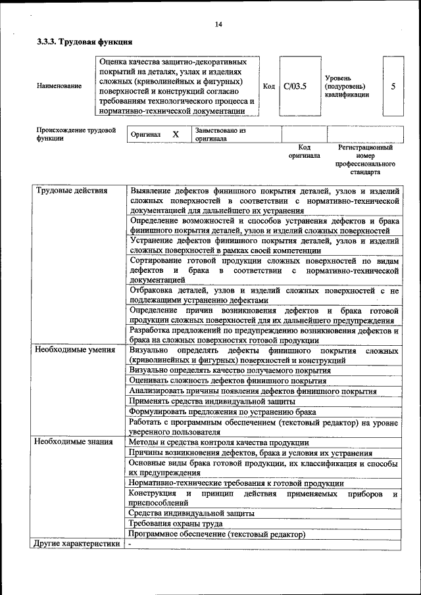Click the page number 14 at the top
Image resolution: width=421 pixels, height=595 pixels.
(x=218, y=24)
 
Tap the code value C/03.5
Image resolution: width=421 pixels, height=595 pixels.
(x=295, y=86)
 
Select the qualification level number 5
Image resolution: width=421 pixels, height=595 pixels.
(x=393, y=86)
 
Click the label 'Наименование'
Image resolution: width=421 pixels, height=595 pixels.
(x=60, y=86)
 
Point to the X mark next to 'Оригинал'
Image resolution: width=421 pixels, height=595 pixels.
(x=176, y=134)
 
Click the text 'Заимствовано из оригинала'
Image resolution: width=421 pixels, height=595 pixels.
(x=220, y=135)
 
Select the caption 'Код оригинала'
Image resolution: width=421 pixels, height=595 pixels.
(x=304, y=152)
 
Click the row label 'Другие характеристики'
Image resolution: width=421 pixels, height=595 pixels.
(x=78, y=544)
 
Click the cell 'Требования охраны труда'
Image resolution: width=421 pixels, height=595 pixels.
(x=175, y=524)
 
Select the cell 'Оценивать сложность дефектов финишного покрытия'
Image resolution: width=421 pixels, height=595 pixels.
(x=228, y=381)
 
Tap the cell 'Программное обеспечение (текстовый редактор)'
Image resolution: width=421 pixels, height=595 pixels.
(x=217, y=535)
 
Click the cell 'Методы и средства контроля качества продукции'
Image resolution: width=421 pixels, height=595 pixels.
(x=218, y=442)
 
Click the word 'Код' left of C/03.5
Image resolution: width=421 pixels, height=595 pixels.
(x=268, y=86)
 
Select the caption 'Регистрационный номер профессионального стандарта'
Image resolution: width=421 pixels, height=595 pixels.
(x=364, y=160)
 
